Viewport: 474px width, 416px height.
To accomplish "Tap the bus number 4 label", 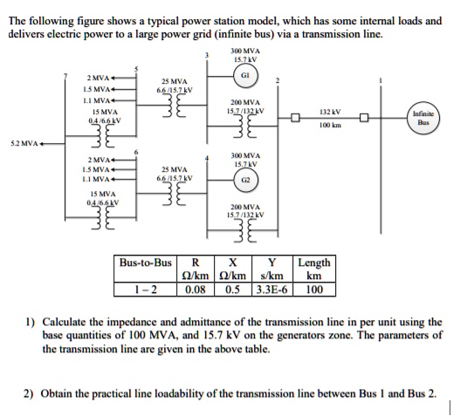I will click(205, 158).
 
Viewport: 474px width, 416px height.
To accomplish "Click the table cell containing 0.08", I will click(196, 289).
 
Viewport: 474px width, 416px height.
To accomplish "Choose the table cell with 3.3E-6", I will click(276, 289).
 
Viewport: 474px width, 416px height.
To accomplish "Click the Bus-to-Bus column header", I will click(145, 263).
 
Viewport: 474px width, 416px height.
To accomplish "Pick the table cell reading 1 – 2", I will click(145, 289).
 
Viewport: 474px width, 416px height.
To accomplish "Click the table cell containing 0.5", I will click(233, 289).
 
